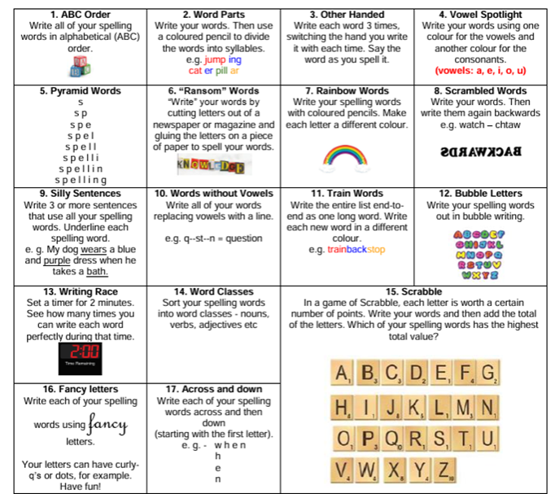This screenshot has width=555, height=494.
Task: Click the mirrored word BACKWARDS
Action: point(481,151)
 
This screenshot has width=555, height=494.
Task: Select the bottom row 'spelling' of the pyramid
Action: point(80,180)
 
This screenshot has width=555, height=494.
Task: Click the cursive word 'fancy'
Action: point(108,423)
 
